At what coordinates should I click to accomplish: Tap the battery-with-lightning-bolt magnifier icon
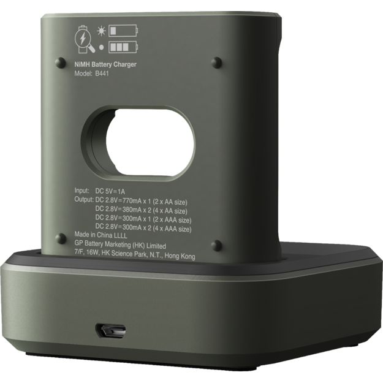83,36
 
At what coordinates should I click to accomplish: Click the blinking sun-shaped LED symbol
101,29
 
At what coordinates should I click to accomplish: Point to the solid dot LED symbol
101,46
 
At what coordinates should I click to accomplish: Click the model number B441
102,74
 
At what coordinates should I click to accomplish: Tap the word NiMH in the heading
81,64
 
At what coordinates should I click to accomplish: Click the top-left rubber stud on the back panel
60,62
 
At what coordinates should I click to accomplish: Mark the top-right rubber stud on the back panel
216,63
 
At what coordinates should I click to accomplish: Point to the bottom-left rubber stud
60,237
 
